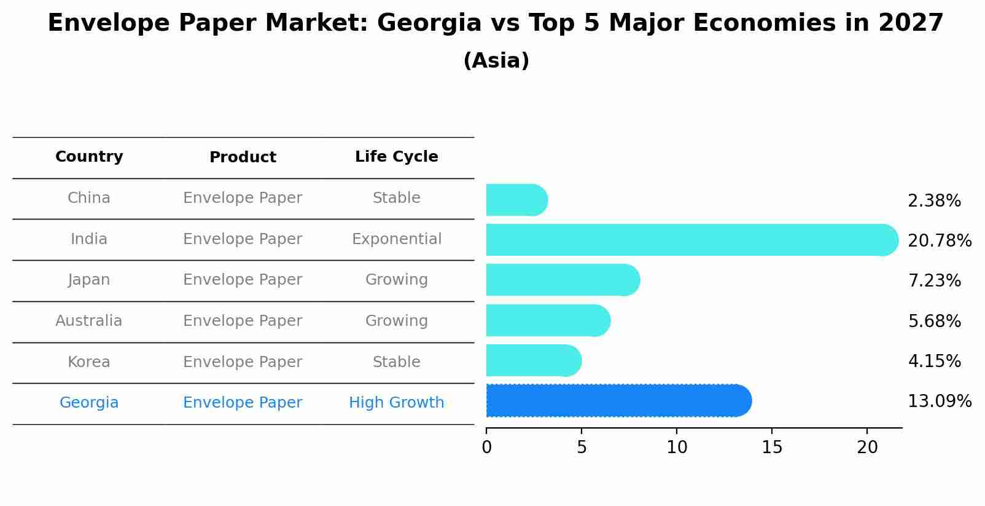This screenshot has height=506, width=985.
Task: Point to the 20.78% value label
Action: click(939, 240)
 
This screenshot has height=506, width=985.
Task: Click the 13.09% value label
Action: click(939, 401)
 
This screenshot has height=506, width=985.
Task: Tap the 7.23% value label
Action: click(934, 281)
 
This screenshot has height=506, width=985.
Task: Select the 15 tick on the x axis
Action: click(772, 448)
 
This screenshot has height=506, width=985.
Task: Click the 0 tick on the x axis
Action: click(487, 448)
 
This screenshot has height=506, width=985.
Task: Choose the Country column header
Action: click(89, 157)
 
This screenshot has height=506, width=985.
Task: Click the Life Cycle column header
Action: click(396, 157)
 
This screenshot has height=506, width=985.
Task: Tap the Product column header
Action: click(243, 157)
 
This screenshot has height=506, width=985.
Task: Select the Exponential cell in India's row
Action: click(396, 239)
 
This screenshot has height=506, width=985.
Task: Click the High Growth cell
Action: click(396, 403)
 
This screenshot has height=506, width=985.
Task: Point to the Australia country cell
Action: click(89, 321)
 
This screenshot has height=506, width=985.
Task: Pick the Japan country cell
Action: click(89, 280)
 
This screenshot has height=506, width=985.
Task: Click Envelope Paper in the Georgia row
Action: click(243, 403)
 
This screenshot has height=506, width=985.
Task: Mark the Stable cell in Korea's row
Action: click(396, 362)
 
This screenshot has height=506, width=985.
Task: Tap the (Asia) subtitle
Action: click(496, 61)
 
